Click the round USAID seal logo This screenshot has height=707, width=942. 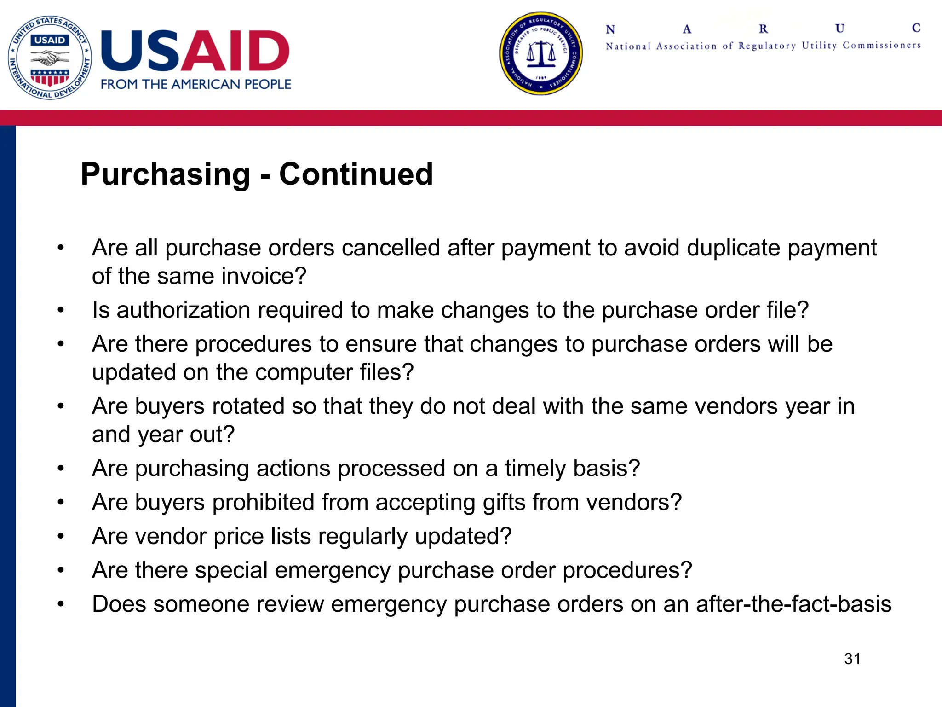coord(50,58)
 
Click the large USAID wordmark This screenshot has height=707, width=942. coord(195,51)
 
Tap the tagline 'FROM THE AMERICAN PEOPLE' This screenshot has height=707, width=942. coord(196,84)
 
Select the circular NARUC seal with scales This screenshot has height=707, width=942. coord(541,53)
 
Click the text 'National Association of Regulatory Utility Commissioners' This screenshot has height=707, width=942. coord(763,46)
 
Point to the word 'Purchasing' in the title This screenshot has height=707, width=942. coord(166,174)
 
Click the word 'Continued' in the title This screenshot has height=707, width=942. coord(356,174)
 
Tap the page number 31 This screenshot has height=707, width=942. coord(852,659)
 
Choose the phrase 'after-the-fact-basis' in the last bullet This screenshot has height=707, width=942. coord(793,604)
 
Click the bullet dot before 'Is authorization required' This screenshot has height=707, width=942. coord(61,310)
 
